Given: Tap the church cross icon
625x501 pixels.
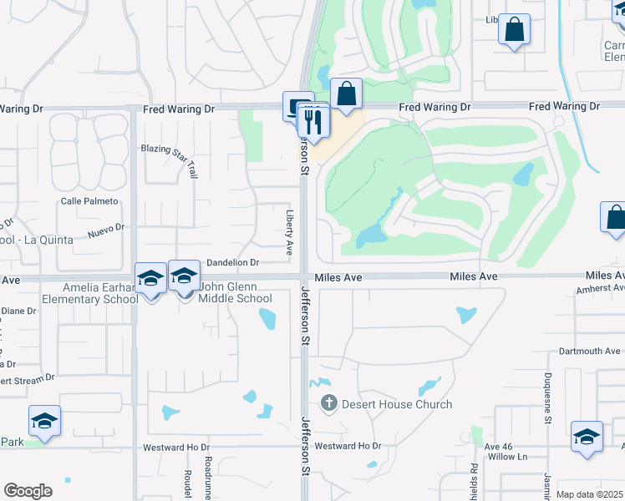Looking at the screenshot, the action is [x=329, y=404].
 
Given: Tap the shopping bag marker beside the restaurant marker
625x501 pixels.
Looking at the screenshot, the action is [x=345, y=95].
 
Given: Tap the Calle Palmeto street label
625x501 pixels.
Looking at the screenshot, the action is [x=89, y=201].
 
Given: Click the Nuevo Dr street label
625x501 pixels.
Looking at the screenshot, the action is [x=106, y=229].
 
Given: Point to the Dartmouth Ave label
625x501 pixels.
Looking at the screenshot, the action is [x=589, y=352].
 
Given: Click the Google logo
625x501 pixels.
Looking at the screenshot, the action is [x=28, y=491].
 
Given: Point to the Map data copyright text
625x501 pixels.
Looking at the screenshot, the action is [x=590, y=494].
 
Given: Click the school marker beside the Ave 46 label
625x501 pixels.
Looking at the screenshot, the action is [x=587, y=438].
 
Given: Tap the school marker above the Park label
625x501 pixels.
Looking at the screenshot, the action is [x=44, y=422].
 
